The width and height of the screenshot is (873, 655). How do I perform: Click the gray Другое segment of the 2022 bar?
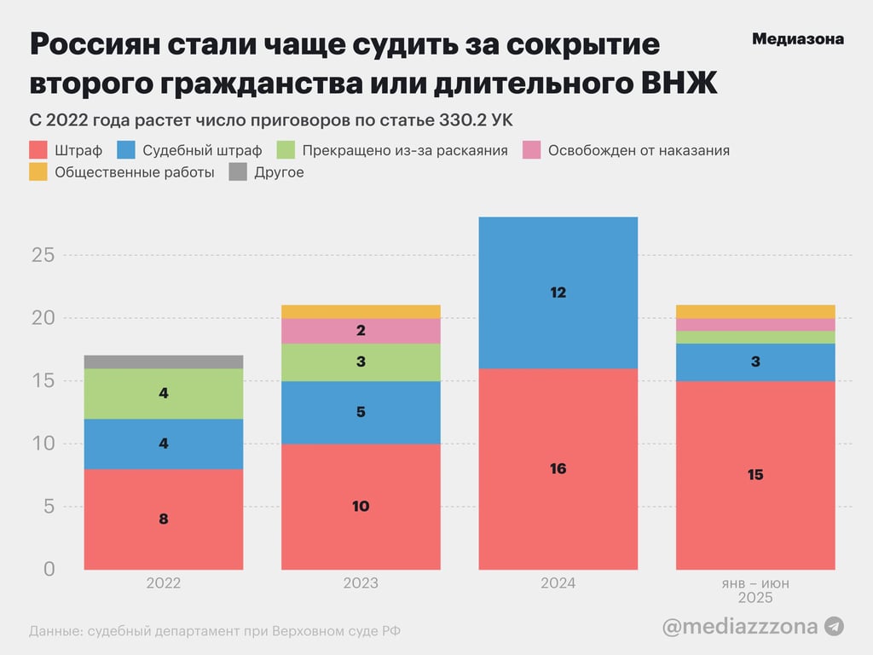[164, 362]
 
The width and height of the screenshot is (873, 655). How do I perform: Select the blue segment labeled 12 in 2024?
[558, 293]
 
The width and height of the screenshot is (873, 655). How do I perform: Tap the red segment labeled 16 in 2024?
[558, 468]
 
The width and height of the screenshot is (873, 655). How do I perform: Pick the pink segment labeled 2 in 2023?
[361, 331]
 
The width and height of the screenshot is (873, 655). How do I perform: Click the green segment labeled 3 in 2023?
[361, 362]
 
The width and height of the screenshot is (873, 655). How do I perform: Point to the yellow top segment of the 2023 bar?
[361, 311]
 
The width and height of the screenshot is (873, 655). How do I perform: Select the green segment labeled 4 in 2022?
[164, 394]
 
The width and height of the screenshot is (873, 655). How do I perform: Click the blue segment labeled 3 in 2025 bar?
[755, 362]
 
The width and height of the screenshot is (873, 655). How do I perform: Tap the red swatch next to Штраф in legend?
[38, 150]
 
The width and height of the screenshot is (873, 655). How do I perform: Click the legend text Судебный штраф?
[202, 150]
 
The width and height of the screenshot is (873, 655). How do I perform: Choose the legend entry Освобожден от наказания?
[639, 150]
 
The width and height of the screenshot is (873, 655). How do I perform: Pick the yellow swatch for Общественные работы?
[38, 172]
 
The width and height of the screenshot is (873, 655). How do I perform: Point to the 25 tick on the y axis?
[43, 255]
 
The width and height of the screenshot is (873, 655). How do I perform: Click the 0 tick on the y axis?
[49, 569]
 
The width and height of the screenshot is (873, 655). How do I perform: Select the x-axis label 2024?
[558, 583]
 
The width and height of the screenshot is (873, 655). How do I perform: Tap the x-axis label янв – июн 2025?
[755, 590]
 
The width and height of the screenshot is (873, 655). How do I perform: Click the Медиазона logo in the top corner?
[797, 39]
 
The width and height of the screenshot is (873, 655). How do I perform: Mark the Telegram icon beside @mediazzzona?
[835, 626]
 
